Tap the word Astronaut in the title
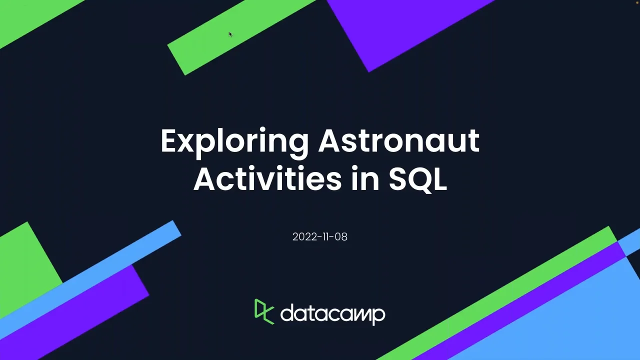click(399, 141)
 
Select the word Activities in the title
click(267, 178)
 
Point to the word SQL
click(417, 179)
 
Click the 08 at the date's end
click(341, 237)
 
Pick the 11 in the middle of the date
click(325, 237)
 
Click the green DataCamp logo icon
click(264, 311)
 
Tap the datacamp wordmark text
click(333, 314)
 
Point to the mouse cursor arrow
click(230, 34)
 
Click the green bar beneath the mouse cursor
click(241, 37)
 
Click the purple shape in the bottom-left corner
click(74, 311)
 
